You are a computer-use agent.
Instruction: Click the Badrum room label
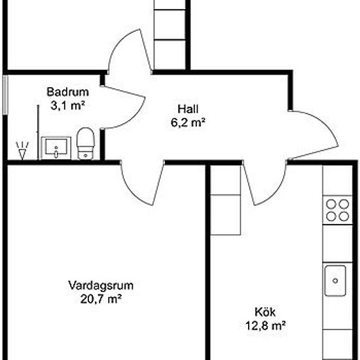[63, 92]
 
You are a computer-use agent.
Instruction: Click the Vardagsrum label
[101, 285]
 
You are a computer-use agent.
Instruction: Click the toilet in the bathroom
[86, 144]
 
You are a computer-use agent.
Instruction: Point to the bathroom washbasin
[57, 147]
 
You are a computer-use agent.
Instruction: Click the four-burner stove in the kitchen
[336, 211]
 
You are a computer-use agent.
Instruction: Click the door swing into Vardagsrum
[140, 183]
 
